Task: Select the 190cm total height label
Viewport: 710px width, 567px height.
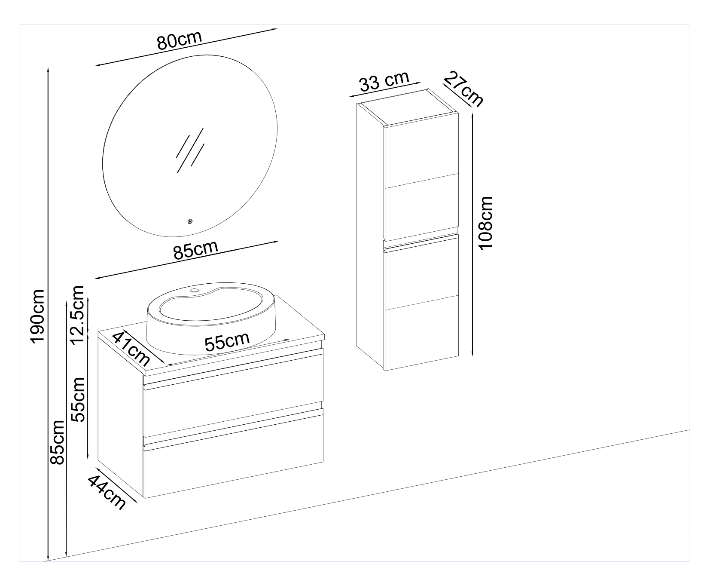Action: tap(38, 316)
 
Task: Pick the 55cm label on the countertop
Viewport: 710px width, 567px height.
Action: tap(227, 341)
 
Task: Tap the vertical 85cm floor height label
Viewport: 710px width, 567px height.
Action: tap(57, 448)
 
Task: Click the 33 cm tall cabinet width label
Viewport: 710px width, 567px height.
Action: tap(384, 81)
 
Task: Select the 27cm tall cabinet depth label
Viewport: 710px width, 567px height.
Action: tap(463, 89)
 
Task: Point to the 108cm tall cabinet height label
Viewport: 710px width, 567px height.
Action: tap(486, 223)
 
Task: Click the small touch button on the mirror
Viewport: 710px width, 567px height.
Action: tap(189, 222)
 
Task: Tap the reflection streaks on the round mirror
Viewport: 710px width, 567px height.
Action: tap(189, 150)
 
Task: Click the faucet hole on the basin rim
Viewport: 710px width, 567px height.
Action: tap(195, 291)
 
